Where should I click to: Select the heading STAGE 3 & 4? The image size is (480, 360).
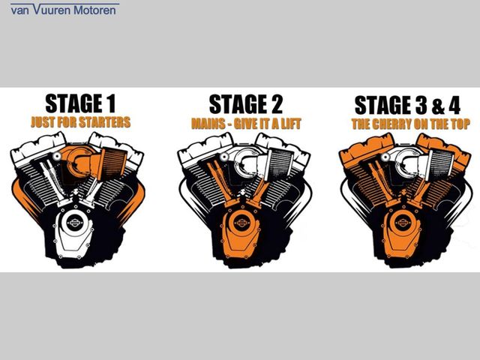(x=405, y=104)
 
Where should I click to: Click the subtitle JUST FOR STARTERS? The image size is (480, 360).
(x=81, y=121)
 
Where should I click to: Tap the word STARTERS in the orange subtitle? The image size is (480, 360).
(x=104, y=121)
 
